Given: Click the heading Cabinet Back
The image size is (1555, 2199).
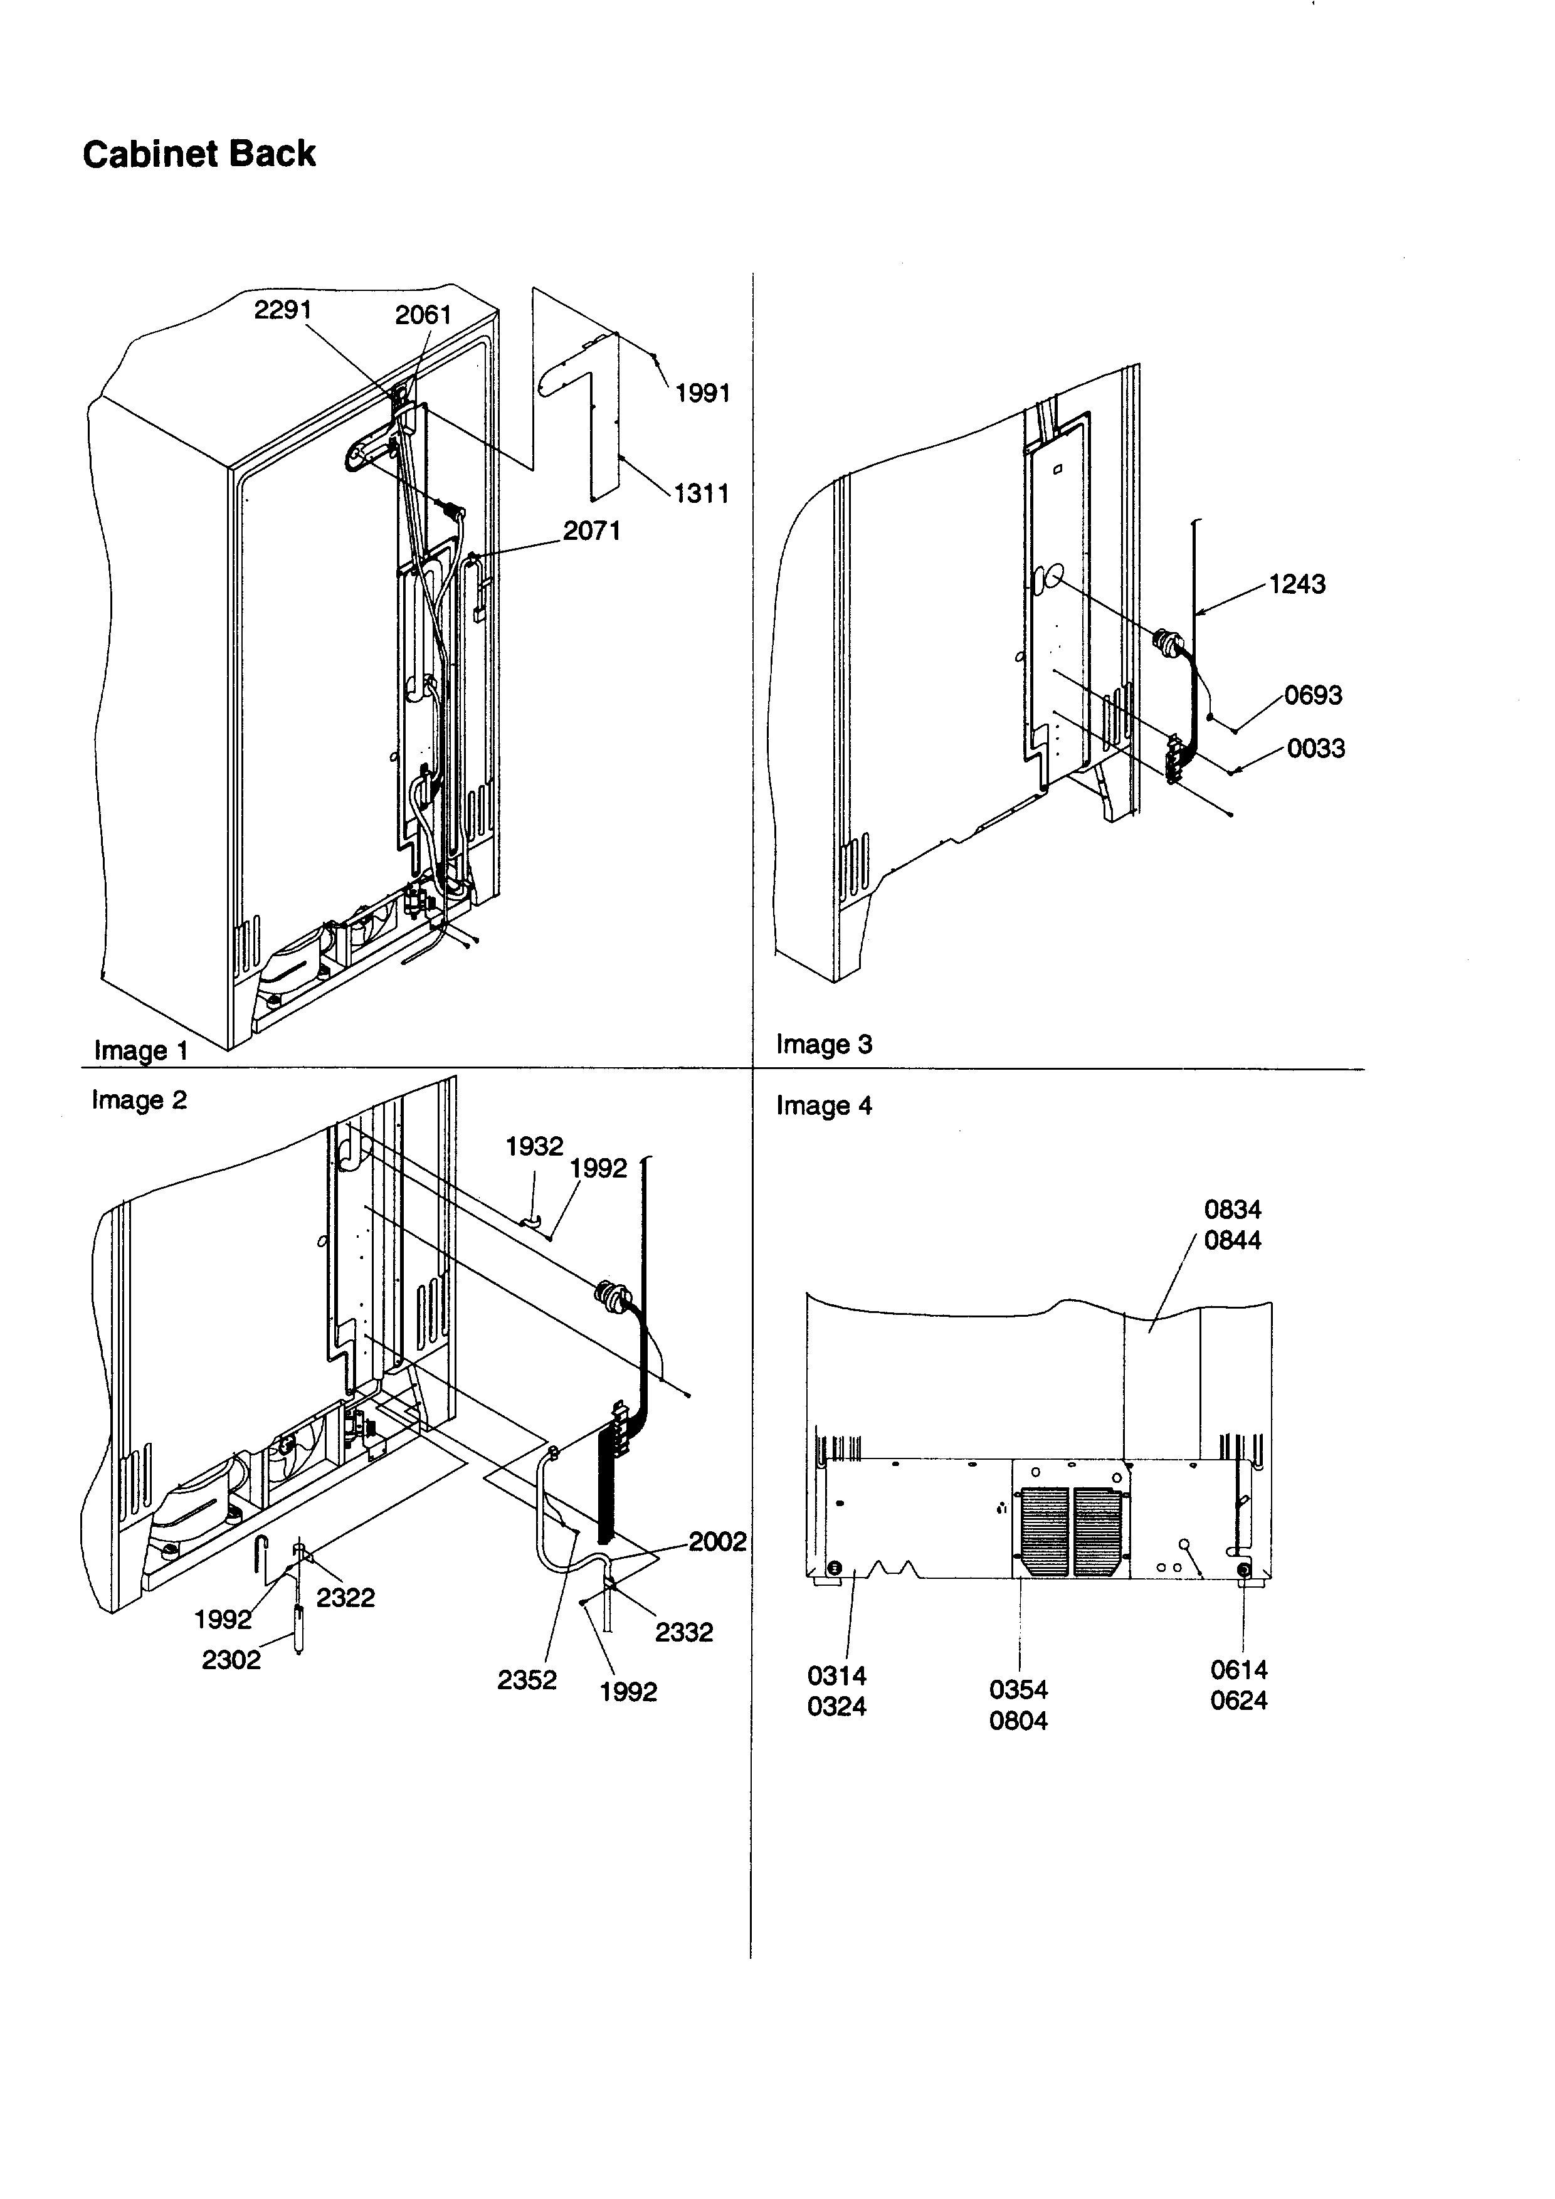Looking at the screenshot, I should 199,154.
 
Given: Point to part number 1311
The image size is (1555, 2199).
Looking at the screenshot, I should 702,493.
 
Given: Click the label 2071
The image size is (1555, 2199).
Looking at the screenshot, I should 592,530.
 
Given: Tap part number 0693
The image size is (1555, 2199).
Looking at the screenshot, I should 1313,695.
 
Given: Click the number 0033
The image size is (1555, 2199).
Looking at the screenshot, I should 1315,748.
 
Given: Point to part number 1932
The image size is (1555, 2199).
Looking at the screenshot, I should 534,1146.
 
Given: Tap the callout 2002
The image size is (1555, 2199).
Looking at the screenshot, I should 717,1541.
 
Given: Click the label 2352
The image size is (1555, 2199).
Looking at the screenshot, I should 527,1680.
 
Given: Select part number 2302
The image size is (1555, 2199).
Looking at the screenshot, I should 231,1660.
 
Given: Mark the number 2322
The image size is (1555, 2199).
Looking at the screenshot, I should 345,1598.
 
